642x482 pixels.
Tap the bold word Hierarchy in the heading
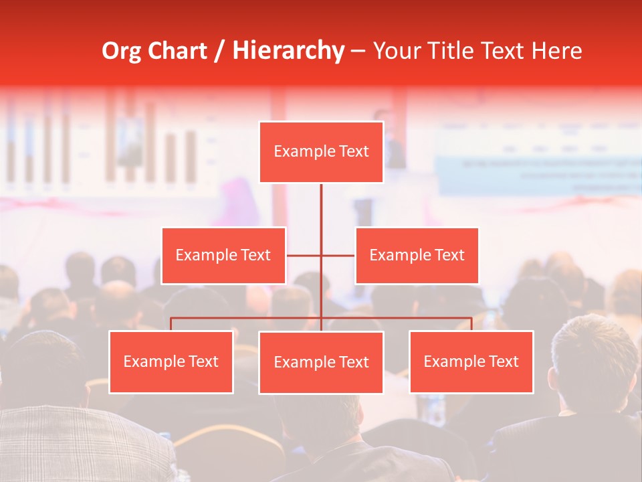click(x=288, y=51)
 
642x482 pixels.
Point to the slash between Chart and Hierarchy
click(x=219, y=51)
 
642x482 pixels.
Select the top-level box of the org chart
click(x=321, y=152)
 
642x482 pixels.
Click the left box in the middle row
click(x=223, y=255)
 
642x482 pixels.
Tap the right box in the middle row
click(x=417, y=255)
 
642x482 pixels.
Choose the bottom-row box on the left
click(x=171, y=361)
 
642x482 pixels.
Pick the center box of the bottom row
click(x=321, y=362)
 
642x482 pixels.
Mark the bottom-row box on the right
click(x=471, y=361)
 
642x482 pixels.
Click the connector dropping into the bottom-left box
click(x=171, y=324)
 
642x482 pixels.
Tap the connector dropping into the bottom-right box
click(x=471, y=324)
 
